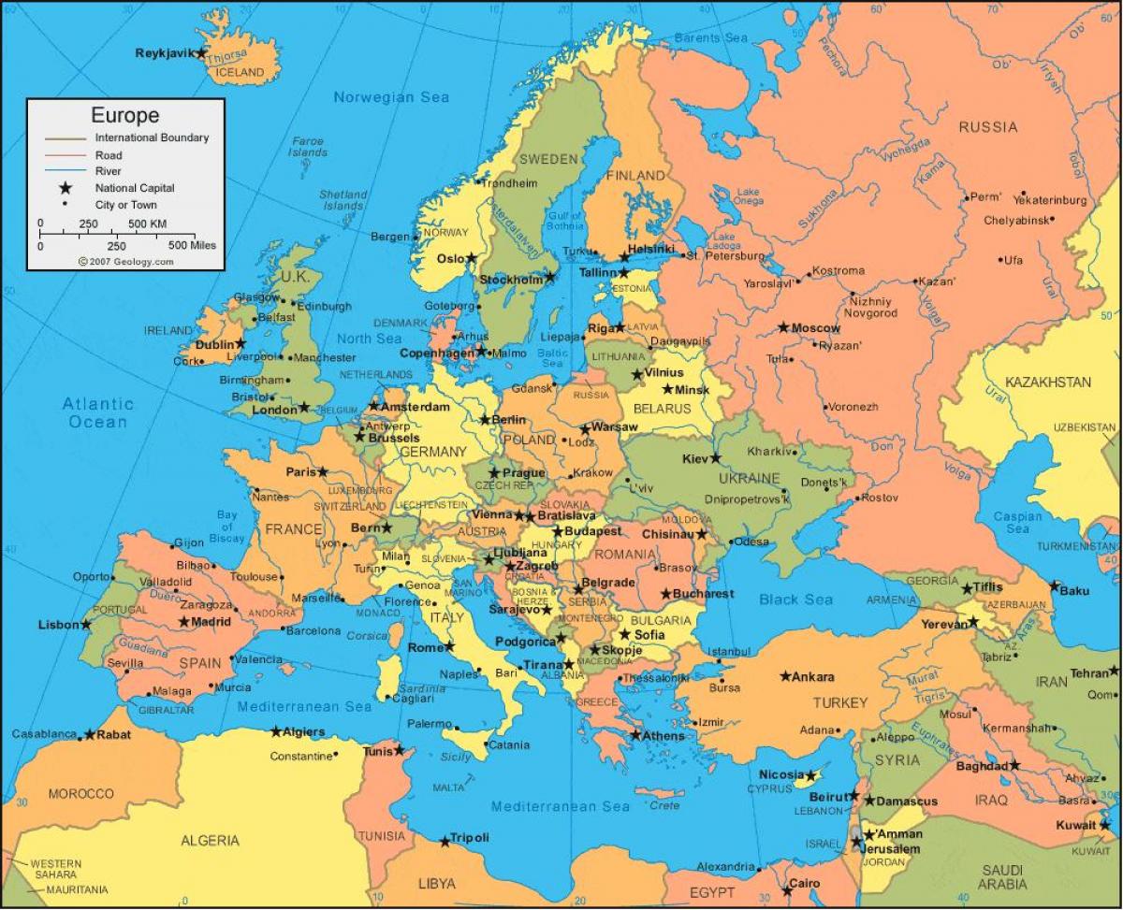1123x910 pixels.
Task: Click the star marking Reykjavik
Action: [x=200, y=53]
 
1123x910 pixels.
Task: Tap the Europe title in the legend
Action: [x=124, y=116]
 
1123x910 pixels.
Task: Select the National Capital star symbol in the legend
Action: [x=66, y=188]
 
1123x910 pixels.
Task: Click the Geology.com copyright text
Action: [x=125, y=262]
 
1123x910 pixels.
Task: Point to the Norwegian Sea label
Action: [x=391, y=97]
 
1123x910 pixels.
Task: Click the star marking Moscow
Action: [x=783, y=327]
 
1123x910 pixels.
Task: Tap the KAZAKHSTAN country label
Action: [x=1047, y=383]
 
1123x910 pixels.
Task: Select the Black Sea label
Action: [x=795, y=599]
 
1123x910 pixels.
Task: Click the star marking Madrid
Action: [x=183, y=622]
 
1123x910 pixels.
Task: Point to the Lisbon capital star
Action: [x=86, y=625]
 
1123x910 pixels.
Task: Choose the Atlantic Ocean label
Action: [x=97, y=413]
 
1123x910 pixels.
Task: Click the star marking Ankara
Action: [x=785, y=676]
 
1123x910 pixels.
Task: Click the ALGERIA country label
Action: [x=211, y=840]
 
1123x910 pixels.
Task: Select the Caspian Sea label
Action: [x=1017, y=523]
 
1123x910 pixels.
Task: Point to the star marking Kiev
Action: [x=716, y=458]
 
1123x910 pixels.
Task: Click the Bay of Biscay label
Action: [x=226, y=527]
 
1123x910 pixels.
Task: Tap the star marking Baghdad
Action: [x=1014, y=765]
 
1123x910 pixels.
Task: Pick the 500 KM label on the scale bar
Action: [x=147, y=224]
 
